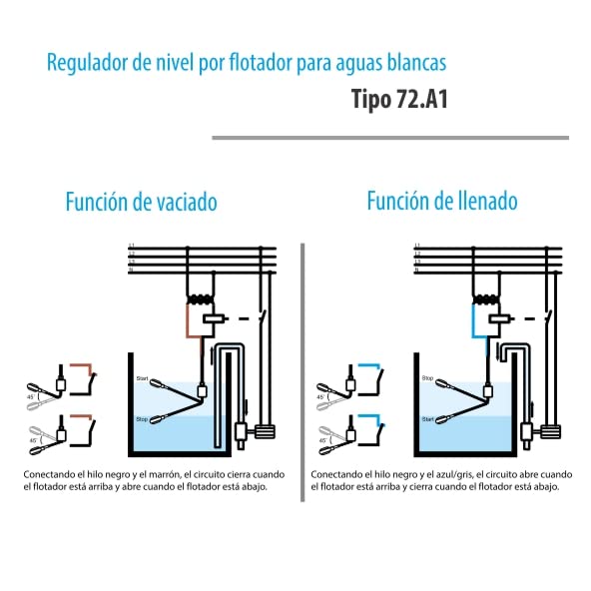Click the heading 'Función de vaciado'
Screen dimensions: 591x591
[141, 203]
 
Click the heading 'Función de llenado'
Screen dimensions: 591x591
[441, 202]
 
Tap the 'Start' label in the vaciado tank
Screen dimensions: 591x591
[142, 378]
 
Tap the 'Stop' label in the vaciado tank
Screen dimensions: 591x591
[142, 418]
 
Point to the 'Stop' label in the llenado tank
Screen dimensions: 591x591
[426, 378]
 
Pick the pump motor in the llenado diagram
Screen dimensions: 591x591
[549, 431]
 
